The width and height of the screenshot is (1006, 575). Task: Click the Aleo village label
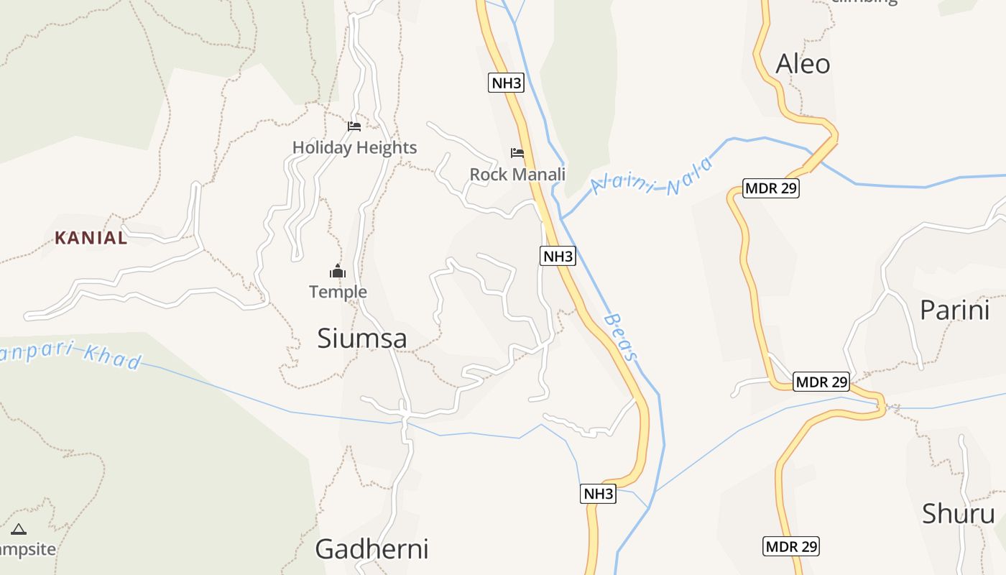click(803, 64)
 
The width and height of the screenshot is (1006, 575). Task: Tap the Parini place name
click(954, 310)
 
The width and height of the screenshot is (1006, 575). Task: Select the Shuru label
click(958, 514)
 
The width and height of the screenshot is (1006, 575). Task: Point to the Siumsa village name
click(362, 339)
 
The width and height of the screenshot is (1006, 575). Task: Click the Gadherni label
click(372, 549)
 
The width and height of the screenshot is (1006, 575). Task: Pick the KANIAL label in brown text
click(91, 238)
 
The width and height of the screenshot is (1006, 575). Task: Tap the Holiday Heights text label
click(354, 148)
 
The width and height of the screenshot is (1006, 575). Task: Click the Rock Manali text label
click(517, 175)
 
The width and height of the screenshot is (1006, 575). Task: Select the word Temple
click(338, 292)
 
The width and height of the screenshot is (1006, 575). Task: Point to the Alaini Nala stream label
click(652, 177)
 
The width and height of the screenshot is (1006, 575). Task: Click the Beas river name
click(621, 336)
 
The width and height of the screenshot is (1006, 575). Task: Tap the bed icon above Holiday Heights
click(354, 126)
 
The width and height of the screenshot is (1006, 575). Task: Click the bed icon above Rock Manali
click(517, 153)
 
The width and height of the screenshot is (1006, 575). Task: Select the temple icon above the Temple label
click(338, 271)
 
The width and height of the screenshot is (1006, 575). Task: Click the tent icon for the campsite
click(19, 530)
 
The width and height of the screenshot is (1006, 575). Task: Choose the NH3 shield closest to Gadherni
click(598, 494)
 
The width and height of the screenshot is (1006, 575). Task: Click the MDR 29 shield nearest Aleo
click(770, 189)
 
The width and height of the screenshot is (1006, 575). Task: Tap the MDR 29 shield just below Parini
click(821, 382)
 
